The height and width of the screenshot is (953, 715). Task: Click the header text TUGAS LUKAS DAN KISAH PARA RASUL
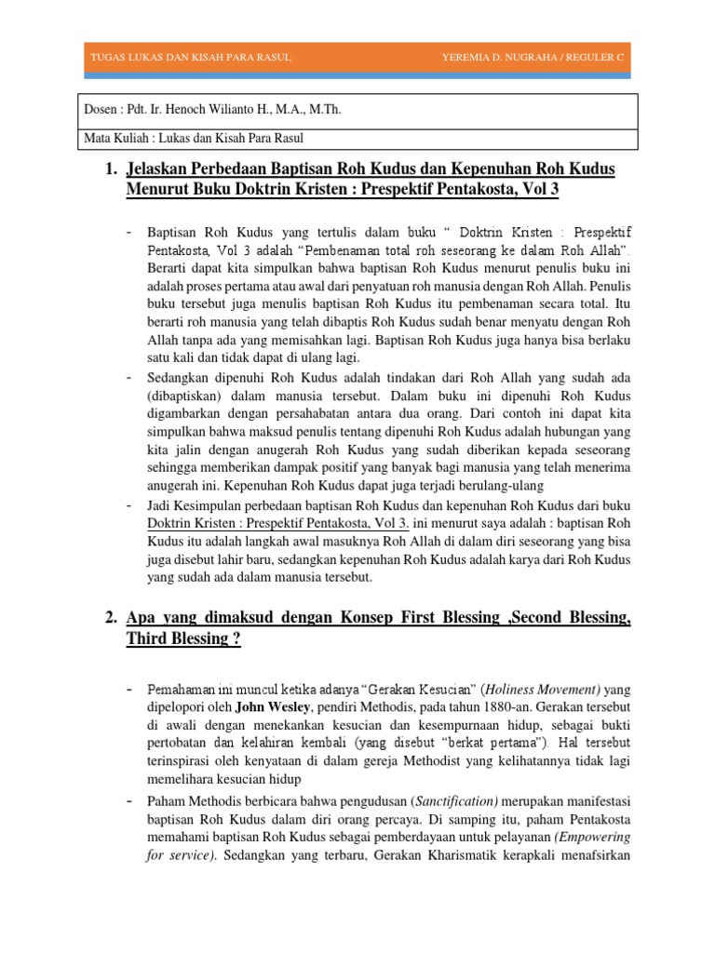coord(190,58)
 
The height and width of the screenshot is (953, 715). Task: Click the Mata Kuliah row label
coord(115,139)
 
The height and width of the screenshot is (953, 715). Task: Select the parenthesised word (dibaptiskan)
coord(190,395)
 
